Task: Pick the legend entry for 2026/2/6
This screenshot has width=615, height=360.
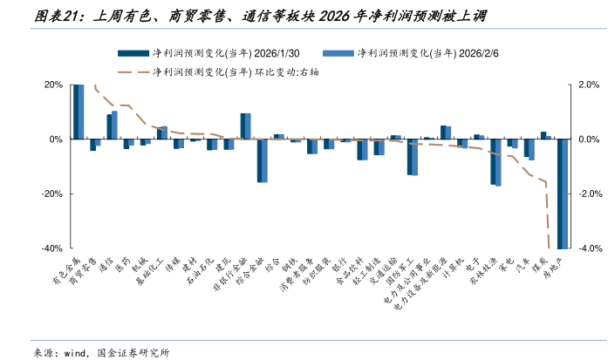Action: (x=418, y=53)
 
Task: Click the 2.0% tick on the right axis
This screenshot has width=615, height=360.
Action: (x=589, y=85)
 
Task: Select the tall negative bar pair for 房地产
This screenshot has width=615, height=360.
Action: (x=564, y=194)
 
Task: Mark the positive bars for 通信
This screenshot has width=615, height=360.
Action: (x=112, y=125)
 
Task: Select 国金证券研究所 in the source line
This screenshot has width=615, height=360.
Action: (x=135, y=351)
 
